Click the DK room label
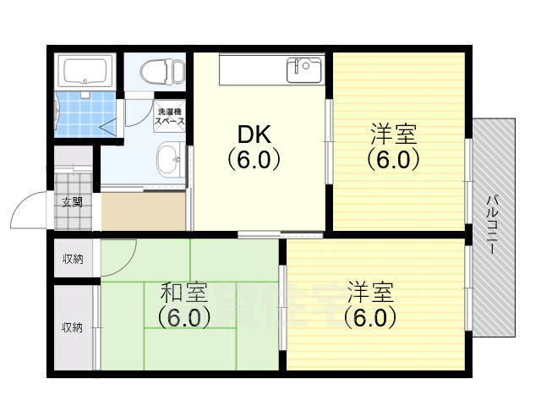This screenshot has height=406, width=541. [x=254, y=134]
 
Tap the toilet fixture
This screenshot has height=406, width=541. [x=161, y=71]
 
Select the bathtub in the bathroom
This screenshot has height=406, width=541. [x=85, y=71]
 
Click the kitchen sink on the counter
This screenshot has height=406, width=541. [x=304, y=70]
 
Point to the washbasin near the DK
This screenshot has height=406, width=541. [x=170, y=160]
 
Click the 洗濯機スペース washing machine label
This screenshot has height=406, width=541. [x=169, y=117]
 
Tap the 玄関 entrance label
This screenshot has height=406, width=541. [x=72, y=202]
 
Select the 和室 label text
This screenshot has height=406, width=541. [x=184, y=293]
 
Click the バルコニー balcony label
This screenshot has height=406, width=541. [x=492, y=225]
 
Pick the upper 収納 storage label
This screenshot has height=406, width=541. [x=73, y=259]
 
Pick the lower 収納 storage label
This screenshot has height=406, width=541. [x=72, y=327]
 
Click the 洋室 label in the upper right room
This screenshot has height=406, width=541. [x=393, y=134]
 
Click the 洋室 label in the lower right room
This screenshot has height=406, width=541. [x=370, y=292]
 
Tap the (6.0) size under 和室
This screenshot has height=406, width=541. [x=184, y=317]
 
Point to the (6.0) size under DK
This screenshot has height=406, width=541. [x=254, y=159]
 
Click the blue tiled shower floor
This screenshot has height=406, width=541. [x=86, y=114]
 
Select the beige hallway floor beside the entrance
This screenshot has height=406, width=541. [x=143, y=211]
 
